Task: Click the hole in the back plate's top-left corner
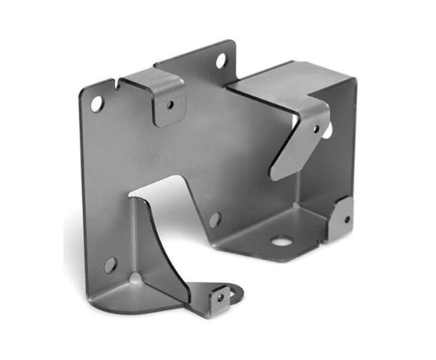[96, 103]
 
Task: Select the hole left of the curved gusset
[110, 265]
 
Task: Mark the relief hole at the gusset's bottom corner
[137, 278]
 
